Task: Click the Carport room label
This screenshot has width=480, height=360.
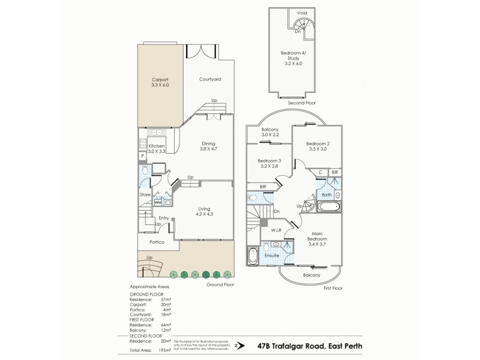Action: [160, 82]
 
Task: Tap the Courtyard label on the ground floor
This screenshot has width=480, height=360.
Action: [210, 79]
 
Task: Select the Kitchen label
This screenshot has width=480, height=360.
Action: [156, 148]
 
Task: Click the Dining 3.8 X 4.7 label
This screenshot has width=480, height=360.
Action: [208, 146]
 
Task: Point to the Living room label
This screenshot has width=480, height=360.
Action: [205, 211]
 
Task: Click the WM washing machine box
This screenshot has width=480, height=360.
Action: [158, 203]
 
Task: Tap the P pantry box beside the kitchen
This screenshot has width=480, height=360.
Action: [142, 155]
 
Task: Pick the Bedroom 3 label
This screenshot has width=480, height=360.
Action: [269, 164]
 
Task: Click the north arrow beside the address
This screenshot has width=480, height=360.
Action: [238, 346]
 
